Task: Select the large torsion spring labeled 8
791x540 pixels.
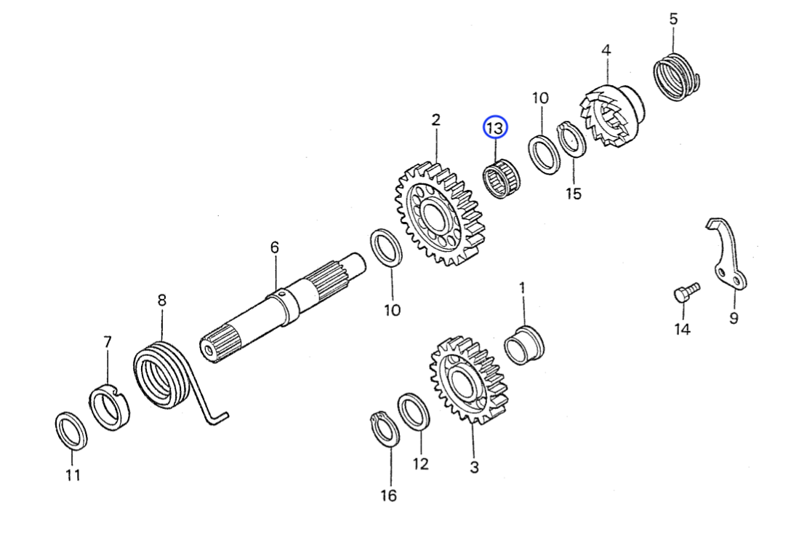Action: tap(161, 374)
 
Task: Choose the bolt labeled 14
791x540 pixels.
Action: tap(683, 293)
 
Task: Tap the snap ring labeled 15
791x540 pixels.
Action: tap(571, 139)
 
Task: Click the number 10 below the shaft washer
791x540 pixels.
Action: tap(392, 311)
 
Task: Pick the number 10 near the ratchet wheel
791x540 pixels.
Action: tap(540, 98)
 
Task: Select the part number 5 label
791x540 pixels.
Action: tap(673, 19)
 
